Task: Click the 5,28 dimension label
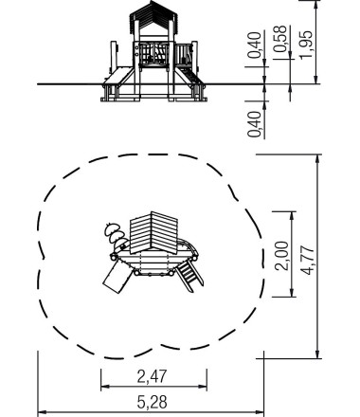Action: (x=152, y=403)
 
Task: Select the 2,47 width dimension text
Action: (x=152, y=376)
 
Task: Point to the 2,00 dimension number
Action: (x=281, y=256)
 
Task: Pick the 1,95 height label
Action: (x=306, y=45)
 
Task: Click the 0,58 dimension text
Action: (x=280, y=40)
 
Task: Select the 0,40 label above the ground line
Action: (x=255, y=45)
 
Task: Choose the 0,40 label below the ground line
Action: (x=255, y=124)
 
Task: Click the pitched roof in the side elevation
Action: (x=153, y=16)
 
